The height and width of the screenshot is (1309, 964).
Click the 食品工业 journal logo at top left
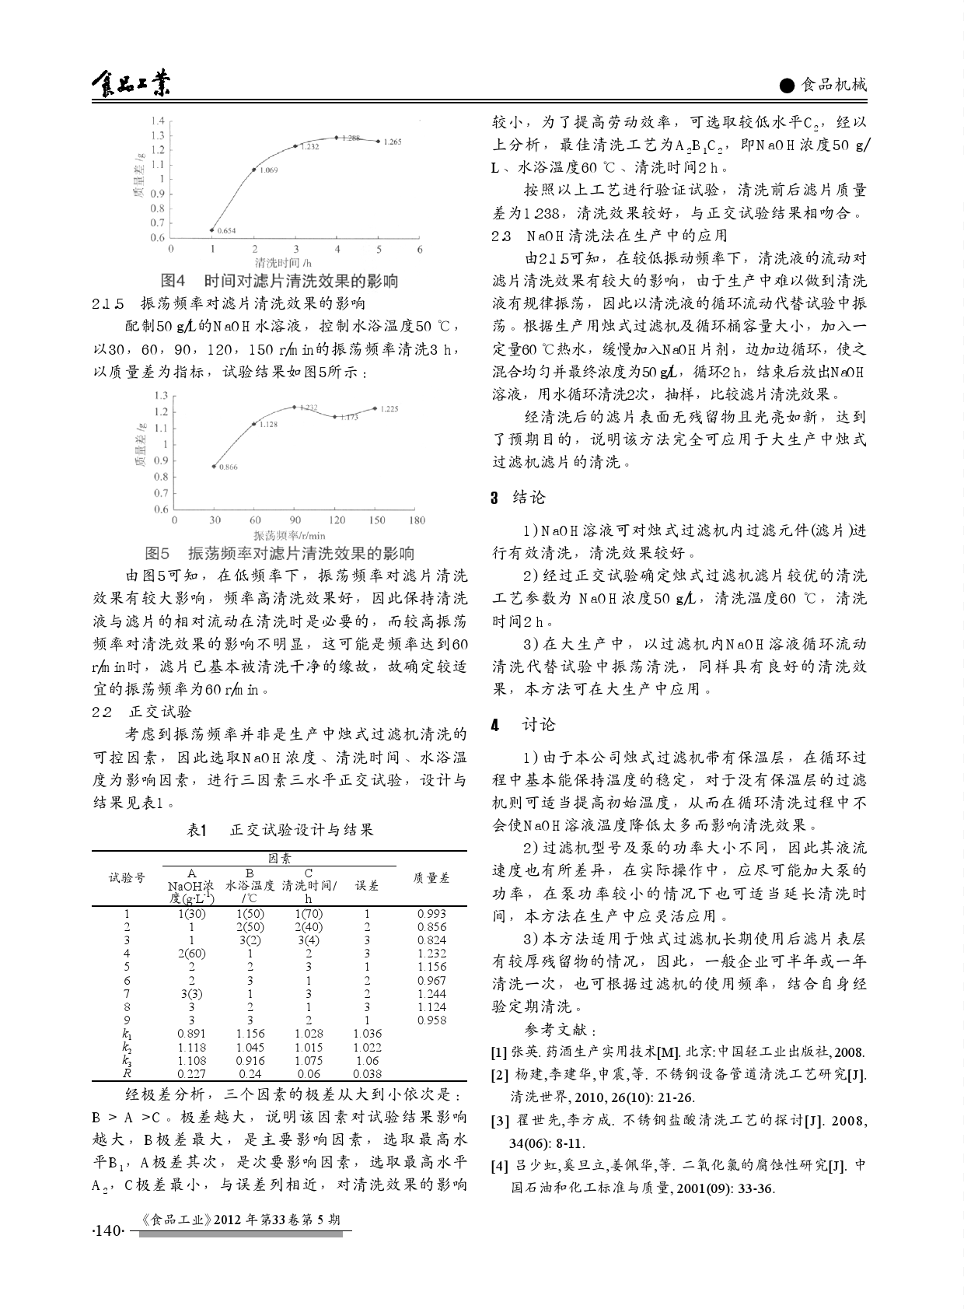[x=130, y=84]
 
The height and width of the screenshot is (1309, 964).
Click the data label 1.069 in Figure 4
[x=268, y=170]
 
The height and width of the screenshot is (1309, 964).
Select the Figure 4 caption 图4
[x=173, y=280]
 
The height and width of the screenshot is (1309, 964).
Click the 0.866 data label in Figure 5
[x=228, y=467]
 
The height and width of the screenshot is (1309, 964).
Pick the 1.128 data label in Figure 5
[x=267, y=424]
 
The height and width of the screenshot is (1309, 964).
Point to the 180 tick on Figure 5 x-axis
[x=417, y=520]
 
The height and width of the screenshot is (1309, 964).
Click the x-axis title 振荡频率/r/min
[x=289, y=535]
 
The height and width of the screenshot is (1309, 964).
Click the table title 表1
[x=196, y=830]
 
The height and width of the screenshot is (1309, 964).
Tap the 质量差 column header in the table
[x=431, y=877]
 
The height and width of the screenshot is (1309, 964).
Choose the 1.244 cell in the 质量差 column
[x=431, y=993]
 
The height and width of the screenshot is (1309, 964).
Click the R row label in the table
[x=127, y=1073]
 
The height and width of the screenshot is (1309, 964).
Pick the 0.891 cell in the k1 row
[x=191, y=1034]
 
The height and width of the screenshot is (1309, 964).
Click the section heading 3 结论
[x=519, y=498]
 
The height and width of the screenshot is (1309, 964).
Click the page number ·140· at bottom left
[x=108, y=1231]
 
